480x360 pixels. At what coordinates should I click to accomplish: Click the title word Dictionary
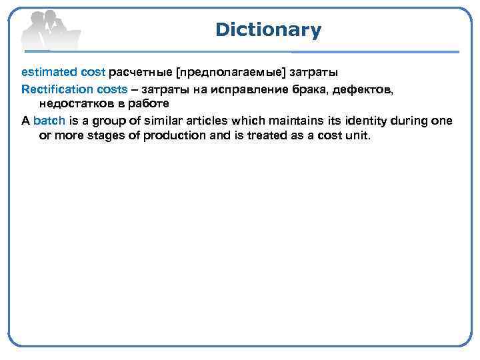(268, 30)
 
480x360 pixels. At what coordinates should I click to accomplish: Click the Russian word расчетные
(140, 71)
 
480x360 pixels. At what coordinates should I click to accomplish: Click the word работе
(152, 103)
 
